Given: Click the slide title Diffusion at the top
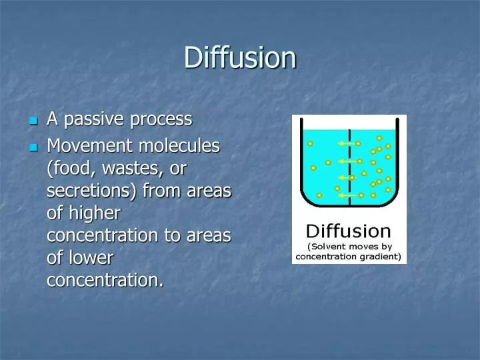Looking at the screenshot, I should coord(240,57).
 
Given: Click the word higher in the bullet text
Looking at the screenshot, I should coord(96,213).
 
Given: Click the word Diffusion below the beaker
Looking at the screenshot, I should coord(348,232).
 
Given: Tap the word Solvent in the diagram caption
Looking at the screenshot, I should coord(331,245).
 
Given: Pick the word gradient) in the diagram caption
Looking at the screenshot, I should coord(382,256).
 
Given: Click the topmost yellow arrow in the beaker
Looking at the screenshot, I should coord(345,143).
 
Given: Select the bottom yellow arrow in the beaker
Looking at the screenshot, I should coord(345,195).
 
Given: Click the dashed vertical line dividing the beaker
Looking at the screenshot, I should coord(351,167).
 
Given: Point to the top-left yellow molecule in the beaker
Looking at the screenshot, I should coord(310,143).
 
